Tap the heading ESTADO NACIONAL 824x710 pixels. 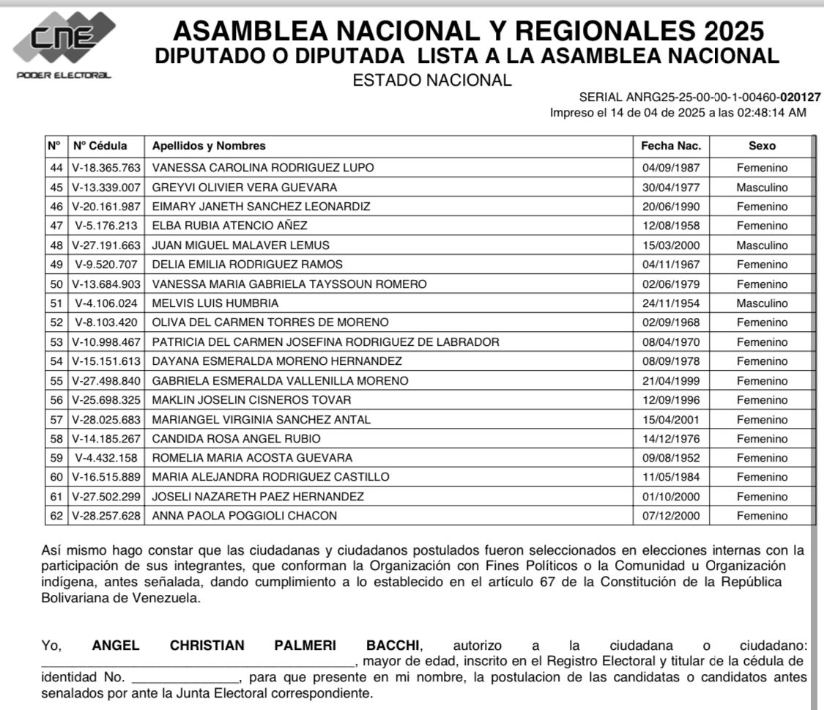click(432, 81)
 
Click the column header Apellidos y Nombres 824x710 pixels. click(209, 146)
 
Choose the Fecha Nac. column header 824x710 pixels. click(671, 146)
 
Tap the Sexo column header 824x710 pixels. click(762, 146)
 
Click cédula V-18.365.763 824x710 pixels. click(106, 167)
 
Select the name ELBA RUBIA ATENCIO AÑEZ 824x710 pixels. click(229, 226)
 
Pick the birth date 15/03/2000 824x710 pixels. click(671, 245)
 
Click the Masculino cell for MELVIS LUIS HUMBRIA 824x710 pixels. click(762, 303)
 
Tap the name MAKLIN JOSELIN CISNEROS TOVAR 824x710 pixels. click(251, 399)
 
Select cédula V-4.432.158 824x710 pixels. click(106, 458)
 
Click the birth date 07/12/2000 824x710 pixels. click(671, 516)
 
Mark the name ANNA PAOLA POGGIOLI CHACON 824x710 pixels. click(245, 516)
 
